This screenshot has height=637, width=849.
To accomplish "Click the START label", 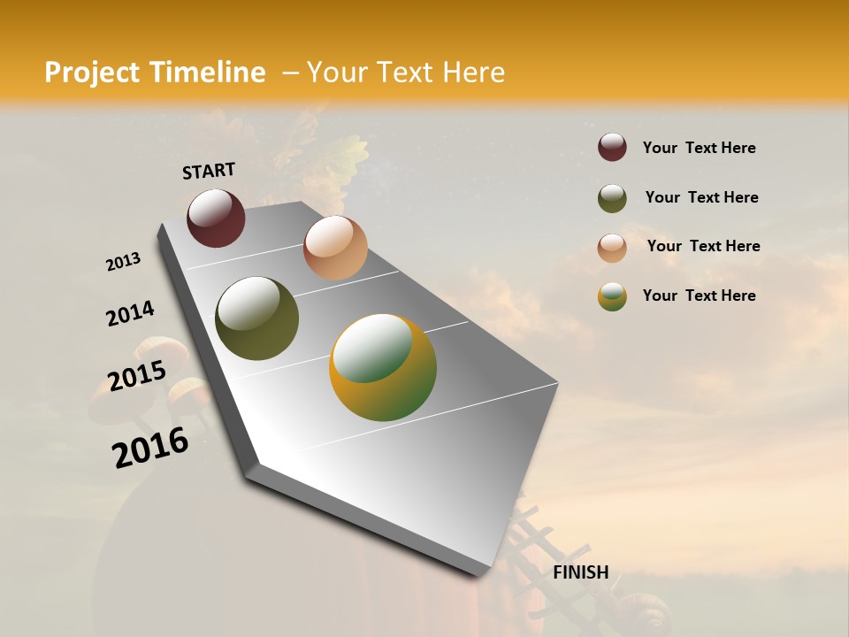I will pyautogui.click(x=209, y=171).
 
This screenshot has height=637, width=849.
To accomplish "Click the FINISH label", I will pyautogui.click(x=581, y=572).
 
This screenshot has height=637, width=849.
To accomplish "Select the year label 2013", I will pyautogui.click(x=124, y=262).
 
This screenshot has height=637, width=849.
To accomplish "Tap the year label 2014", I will pyautogui.click(x=130, y=314).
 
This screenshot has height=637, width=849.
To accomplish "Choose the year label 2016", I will pyautogui.click(x=150, y=447).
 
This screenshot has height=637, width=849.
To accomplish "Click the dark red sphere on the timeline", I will pyautogui.click(x=216, y=218).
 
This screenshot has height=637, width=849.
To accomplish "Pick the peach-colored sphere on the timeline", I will pyautogui.click(x=335, y=248).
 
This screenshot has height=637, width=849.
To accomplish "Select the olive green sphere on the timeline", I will pyautogui.click(x=256, y=318).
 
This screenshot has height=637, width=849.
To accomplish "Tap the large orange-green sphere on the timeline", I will pyautogui.click(x=383, y=367).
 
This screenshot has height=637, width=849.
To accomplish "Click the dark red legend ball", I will pyautogui.click(x=612, y=147).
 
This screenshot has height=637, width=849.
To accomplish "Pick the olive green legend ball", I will pyautogui.click(x=612, y=198).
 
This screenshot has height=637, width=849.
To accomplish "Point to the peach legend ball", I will pyautogui.click(x=612, y=248).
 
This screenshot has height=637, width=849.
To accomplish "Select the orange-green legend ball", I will pyautogui.click(x=612, y=296).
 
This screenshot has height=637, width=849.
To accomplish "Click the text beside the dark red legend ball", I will pyautogui.click(x=699, y=148).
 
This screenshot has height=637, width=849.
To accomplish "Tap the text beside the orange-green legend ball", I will pyautogui.click(x=699, y=295).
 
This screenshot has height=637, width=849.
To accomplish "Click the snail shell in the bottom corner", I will pyautogui.click(x=644, y=613).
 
